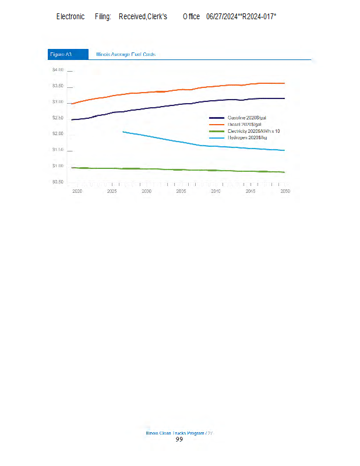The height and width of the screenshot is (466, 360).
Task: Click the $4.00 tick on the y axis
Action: click(x=58, y=70)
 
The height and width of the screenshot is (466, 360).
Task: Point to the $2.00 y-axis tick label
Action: click(x=58, y=134)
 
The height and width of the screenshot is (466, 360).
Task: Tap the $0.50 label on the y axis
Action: click(x=58, y=182)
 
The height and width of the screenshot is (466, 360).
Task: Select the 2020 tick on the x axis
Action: click(x=76, y=191)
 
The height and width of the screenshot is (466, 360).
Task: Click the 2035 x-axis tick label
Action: click(x=181, y=191)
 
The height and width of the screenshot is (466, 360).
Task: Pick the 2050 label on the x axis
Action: click(x=285, y=191)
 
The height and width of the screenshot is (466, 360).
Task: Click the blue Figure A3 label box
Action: click(x=68, y=54)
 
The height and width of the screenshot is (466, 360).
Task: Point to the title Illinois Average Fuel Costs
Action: click(x=125, y=54)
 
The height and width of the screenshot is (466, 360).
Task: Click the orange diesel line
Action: click(x=175, y=91)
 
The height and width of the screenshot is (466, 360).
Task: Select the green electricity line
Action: click(x=175, y=170)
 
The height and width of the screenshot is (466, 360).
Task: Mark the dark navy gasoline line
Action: click(x=175, y=105)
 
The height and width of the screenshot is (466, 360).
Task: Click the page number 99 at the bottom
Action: click(x=179, y=439)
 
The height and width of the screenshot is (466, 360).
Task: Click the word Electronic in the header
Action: click(x=70, y=16)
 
